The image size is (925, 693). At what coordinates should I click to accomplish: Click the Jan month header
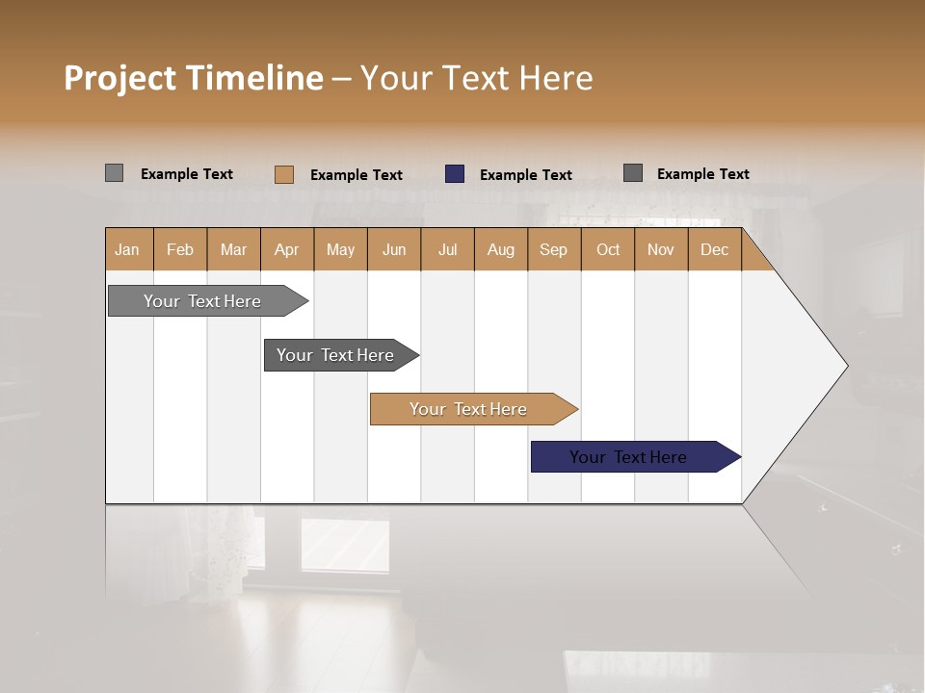tap(127, 249)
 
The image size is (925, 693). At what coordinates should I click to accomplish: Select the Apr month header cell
tap(286, 249)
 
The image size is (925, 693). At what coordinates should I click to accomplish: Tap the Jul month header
tap(447, 249)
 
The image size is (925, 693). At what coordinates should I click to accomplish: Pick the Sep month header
tap(553, 249)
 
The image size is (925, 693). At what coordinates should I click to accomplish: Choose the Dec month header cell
tap(714, 249)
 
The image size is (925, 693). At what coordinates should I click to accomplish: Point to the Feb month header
tap(180, 249)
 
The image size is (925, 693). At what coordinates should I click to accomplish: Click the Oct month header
tap(608, 249)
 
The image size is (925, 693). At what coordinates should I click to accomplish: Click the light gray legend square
tap(114, 173)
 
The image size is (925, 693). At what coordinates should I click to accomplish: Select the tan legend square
tap(283, 174)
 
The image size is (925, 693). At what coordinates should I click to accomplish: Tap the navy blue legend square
tap(455, 174)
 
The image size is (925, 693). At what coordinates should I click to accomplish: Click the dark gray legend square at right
tap(633, 173)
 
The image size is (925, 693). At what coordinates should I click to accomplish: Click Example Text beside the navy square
tap(525, 175)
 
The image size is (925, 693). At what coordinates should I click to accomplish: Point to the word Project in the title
tap(120, 79)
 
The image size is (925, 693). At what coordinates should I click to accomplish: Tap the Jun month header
tap(394, 249)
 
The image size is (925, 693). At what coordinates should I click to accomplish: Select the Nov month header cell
tap(661, 249)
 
